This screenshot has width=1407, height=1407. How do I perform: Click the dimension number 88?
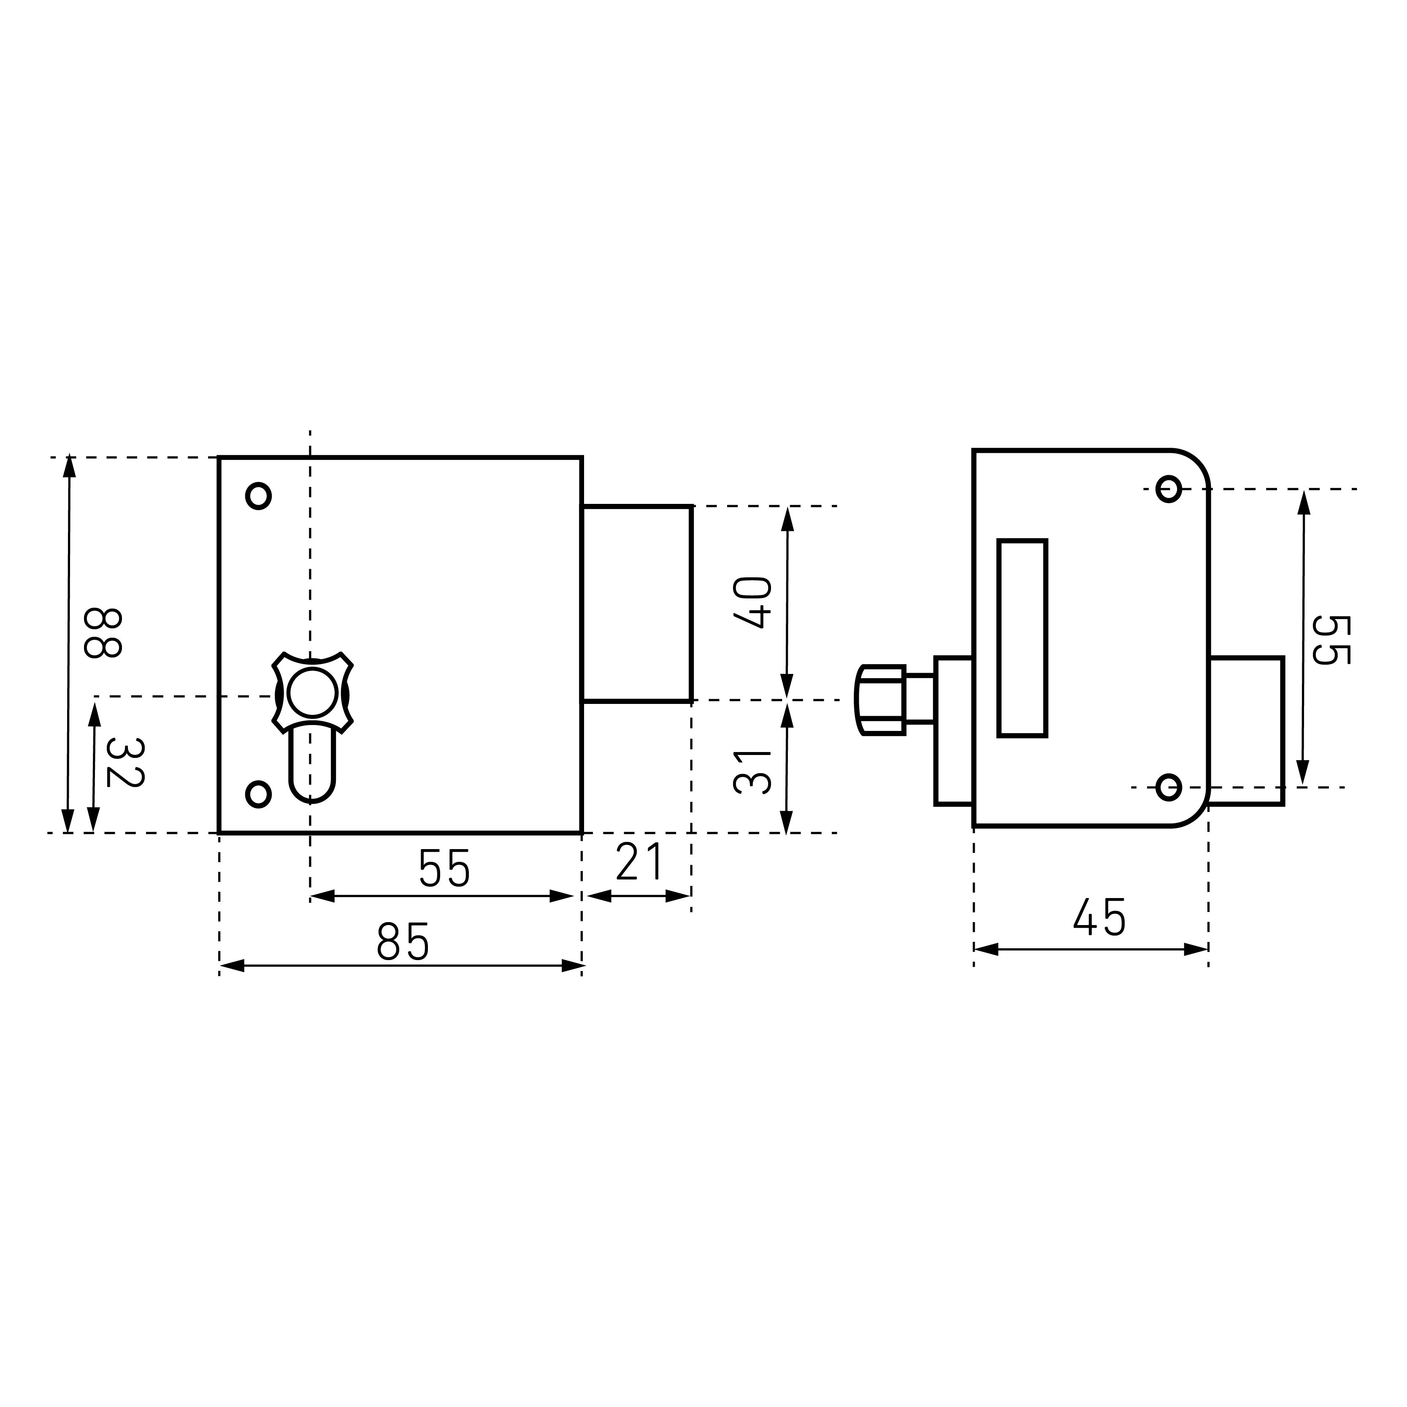tap(103, 633)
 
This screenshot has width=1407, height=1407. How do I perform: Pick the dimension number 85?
tap(403, 942)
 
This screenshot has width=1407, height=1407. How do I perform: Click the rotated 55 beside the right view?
tap(1331, 640)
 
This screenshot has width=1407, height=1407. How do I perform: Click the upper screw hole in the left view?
tap(259, 496)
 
